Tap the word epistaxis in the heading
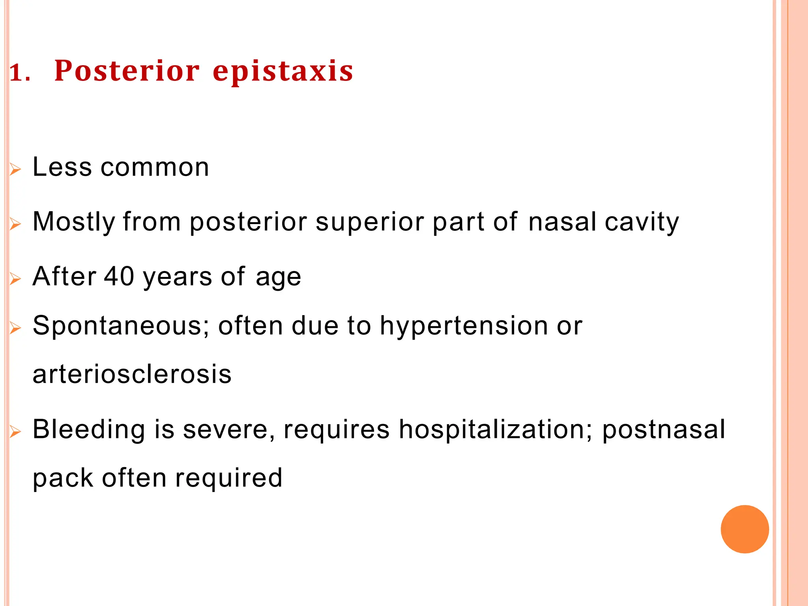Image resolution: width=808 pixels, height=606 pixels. [282, 72]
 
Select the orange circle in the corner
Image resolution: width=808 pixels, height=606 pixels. [744, 529]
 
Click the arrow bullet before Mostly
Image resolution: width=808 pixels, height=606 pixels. [15, 224]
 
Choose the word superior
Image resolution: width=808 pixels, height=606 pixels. [370, 222]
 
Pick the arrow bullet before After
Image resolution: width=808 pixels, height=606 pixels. [15, 279]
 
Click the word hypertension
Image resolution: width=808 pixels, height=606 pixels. [464, 326]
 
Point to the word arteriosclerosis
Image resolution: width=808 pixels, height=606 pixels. [132, 374]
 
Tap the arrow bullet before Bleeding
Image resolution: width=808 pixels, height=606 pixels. [15, 432]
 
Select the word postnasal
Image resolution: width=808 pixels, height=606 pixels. [664, 429]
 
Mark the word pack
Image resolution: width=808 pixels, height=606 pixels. [62, 479]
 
